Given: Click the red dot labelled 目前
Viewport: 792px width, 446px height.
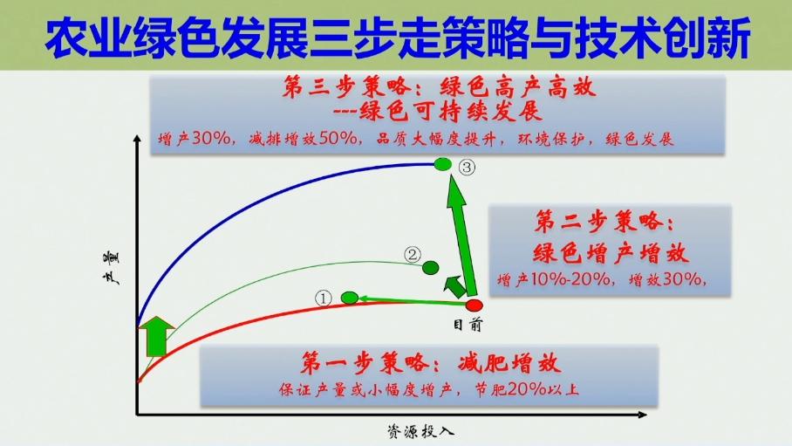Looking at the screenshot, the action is (x=474, y=305).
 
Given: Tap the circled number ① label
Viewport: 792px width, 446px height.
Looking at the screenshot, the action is (x=324, y=298).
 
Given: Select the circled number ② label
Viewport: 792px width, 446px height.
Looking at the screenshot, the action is (x=413, y=254).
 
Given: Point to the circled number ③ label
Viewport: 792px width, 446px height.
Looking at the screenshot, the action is (x=468, y=167).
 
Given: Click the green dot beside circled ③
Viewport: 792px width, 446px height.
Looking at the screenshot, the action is (x=443, y=164).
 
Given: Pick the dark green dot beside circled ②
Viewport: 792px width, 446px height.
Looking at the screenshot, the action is (x=430, y=267).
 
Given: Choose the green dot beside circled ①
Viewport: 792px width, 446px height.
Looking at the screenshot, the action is (x=350, y=298).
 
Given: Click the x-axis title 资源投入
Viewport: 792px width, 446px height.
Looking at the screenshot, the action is (x=420, y=431).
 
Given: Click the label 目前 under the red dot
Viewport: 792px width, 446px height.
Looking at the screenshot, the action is (x=468, y=324).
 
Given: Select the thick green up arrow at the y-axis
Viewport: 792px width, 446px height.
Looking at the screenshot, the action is (x=157, y=336).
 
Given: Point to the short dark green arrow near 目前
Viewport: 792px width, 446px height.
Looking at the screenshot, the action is (x=454, y=286).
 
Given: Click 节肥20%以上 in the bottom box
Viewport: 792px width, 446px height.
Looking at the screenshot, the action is (x=527, y=389).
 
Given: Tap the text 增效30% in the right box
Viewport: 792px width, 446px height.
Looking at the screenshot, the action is (x=666, y=279).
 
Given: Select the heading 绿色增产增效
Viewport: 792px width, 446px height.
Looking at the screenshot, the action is (x=611, y=252).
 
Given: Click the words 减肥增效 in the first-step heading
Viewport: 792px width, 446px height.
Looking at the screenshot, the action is (x=509, y=362).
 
